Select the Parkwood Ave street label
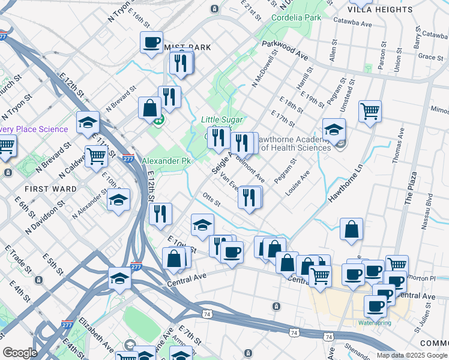pyautogui.click(x=285, y=51)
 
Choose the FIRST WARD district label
pyautogui.click(x=50, y=188)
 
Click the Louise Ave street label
pyautogui.click(x=298, y=183)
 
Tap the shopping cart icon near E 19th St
pyautogui.click(x=370, y=111)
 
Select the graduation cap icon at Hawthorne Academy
pyautogui.click(x=334, y=128)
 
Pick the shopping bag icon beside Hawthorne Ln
pyautogui.click(x=351, y=229)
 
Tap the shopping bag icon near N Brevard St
pyautogui.click(x=149, y=108)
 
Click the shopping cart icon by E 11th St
pyautogui.click(x=96, y=156)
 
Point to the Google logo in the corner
pyautogui.click(x=20, y=353)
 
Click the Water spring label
pyautogui.click(x=375, y=323)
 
